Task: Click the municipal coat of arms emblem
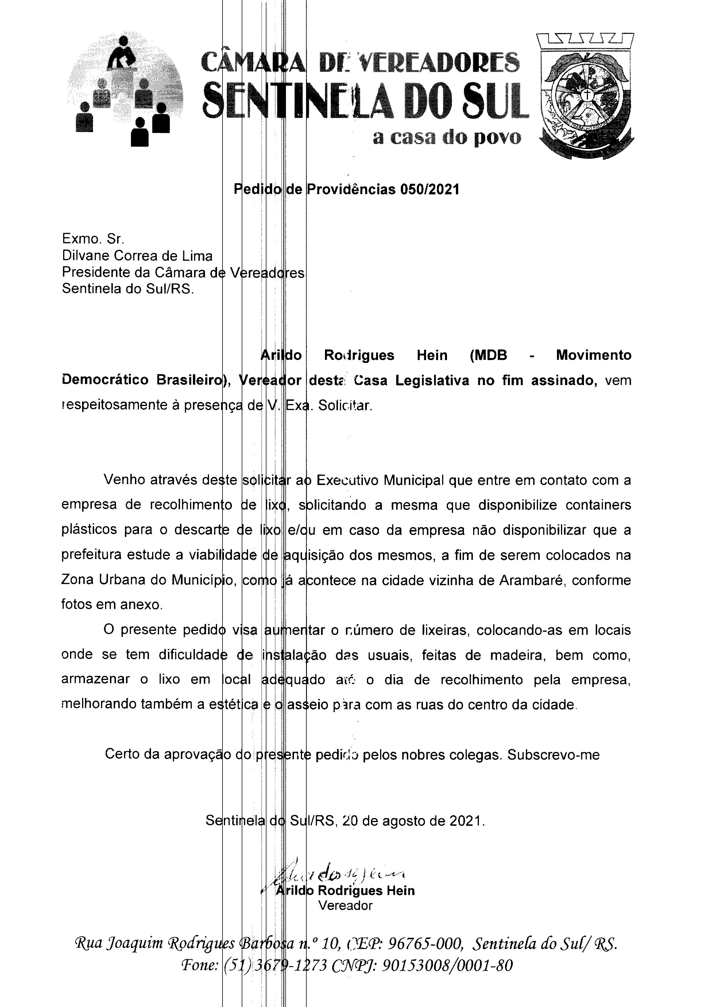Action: (585, 94)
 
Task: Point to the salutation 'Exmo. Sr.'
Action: (93, 239)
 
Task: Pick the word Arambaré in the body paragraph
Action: (531, 581)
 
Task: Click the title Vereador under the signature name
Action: (345, 906)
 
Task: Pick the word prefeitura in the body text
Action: (90, 555)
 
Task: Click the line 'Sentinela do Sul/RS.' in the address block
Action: (127, 289)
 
